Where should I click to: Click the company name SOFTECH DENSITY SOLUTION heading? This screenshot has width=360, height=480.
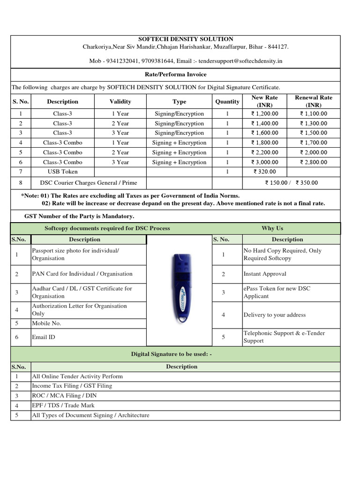click(185, 39)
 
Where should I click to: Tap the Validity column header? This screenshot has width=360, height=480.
click(120, 102)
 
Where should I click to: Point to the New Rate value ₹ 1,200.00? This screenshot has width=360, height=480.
click(264, 114)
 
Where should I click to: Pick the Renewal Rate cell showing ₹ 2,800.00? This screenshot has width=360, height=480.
click(314, 162)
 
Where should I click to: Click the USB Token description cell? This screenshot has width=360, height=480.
click(62, 172)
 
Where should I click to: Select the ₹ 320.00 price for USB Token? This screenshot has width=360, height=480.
click(264, 172)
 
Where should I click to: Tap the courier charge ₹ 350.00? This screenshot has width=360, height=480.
click(307, 183)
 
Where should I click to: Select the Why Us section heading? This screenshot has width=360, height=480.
click(272, 228)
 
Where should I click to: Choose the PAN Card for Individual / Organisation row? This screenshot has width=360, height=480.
click(82, 274)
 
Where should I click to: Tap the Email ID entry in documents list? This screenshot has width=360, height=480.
click(44, 337)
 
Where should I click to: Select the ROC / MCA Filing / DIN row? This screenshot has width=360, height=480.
click(60, 396)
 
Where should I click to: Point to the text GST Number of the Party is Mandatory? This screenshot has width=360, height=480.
click(79, 217)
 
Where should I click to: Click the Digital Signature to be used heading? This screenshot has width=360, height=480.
click(171, 354)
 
